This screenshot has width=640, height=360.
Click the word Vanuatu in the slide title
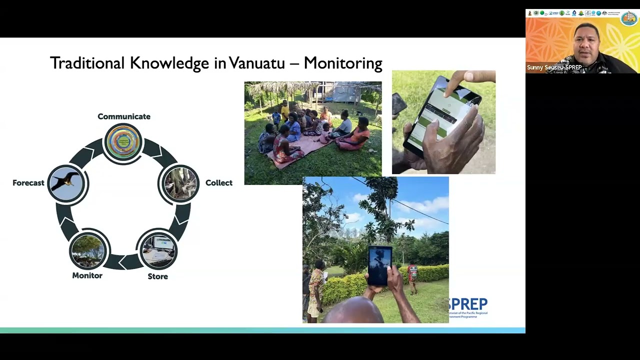(x=256, y=63)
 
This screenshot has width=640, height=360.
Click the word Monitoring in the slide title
(x=343, y=63)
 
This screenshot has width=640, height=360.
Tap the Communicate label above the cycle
(x=124, y=116)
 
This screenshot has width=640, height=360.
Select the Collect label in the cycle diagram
(x=219, y=183)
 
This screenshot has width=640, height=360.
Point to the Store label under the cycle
(x=157, y=276)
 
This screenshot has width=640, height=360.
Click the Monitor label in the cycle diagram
(x=87, y=275)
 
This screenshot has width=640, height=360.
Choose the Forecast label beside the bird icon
(x=28, y=183)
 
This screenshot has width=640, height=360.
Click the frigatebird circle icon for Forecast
(x=67, y=183)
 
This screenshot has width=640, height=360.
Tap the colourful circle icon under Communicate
(x=123, y=142)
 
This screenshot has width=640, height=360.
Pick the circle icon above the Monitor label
(x=88, y=249)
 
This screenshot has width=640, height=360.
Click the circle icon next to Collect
(x=180, y=183)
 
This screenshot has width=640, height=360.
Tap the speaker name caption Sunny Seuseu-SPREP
(x=554, y=67)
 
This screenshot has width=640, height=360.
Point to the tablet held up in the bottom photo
(x=379, y=265)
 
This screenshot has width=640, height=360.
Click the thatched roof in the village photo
(x=280, y=88)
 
